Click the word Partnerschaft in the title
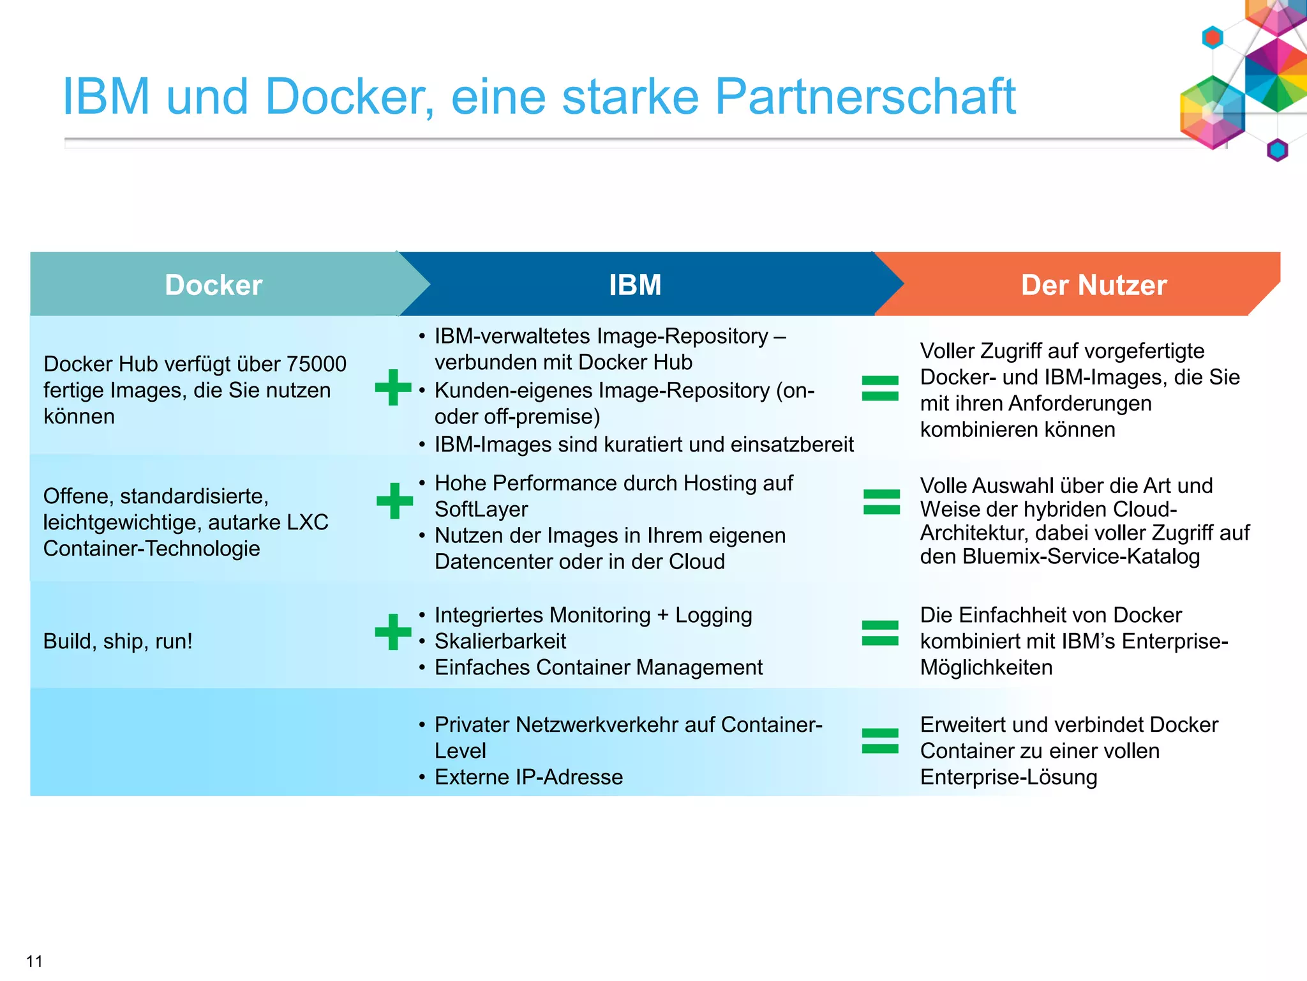click(x=865, y=97)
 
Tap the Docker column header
click(x=213, y=285)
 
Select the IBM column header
click(x=635, y=285)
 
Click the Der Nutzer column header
click(x=1093, y=285)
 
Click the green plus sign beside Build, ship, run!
click(x=393, y=632)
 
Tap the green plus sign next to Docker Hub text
click(x=393, y=387)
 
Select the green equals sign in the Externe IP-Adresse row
click(x=880, y=741)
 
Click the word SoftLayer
click(x=481, y=510)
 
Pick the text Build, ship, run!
click(x=118, y=641)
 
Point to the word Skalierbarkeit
click(x=500, y=641)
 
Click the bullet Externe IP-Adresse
click(x=528, y=777)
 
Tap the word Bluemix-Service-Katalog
click(x=1081, y=557)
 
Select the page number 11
click(x=34, y=961)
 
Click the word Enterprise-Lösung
click(x=1008, y=777)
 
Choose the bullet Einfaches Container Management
click(x=598, y=667)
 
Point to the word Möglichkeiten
click(x=986, y=667)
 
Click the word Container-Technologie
click(x=151, y=549)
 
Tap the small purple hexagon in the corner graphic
click(x=1277, y=150)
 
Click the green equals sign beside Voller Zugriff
click(x=880, y=388)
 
